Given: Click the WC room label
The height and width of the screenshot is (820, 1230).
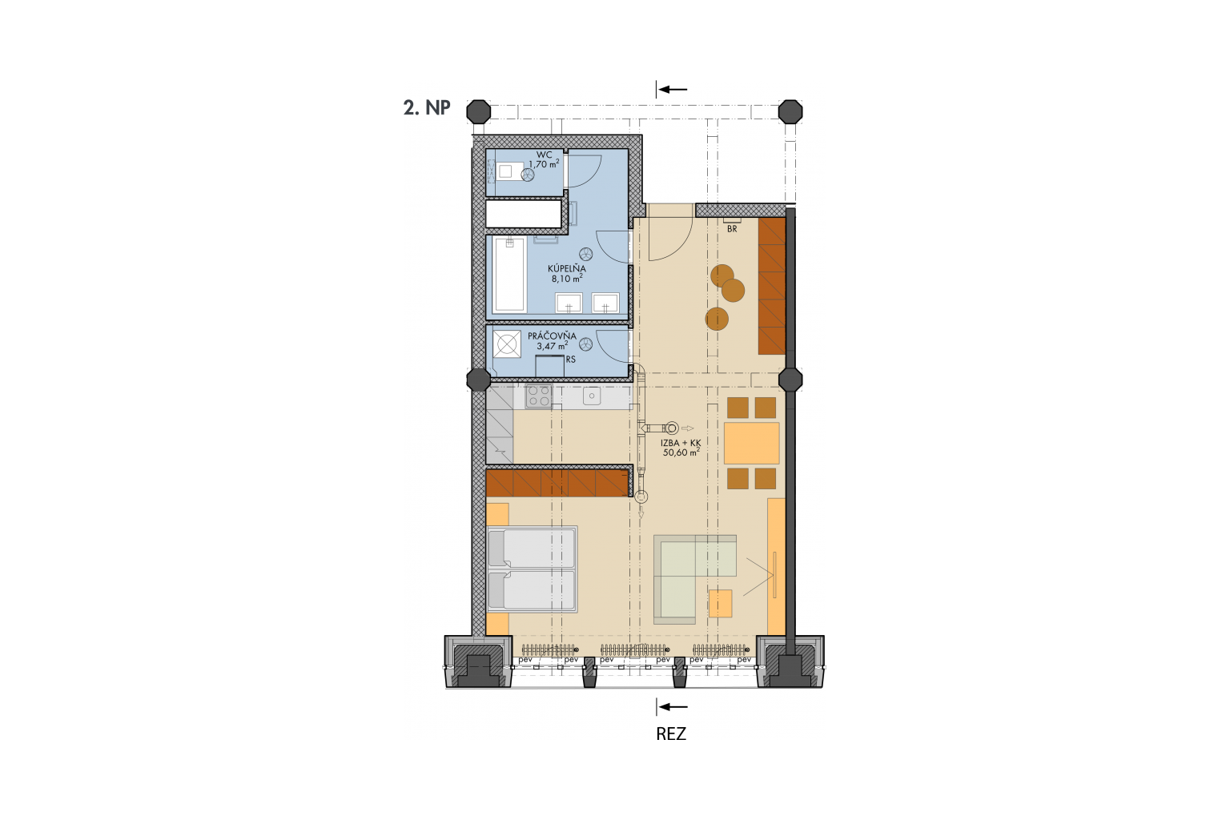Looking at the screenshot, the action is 544,155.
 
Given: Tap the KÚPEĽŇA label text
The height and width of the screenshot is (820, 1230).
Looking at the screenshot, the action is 567,268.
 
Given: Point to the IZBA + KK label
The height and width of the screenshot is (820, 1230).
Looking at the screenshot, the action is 681,443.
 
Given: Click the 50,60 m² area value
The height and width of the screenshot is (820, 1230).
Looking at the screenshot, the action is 681,452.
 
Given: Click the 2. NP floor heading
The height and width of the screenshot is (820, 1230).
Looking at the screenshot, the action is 427,108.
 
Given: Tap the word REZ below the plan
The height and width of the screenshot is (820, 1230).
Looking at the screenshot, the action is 671,734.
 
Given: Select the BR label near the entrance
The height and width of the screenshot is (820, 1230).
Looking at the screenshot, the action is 732,229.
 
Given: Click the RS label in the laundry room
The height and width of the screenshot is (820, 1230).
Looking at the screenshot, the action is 570,360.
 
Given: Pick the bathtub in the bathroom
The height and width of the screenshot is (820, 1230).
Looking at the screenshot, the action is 509,274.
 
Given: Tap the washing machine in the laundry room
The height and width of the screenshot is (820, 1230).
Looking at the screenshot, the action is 507,344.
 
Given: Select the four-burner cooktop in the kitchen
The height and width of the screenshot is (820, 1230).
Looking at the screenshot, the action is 539,396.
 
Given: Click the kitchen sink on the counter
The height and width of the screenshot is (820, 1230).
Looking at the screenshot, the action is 592,396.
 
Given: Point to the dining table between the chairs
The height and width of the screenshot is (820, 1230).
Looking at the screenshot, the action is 751,443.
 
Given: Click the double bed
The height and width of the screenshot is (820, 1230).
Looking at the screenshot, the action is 532,569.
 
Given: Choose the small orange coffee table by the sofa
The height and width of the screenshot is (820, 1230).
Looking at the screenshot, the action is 720,603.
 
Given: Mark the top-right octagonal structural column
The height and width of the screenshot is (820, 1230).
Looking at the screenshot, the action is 790,112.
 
